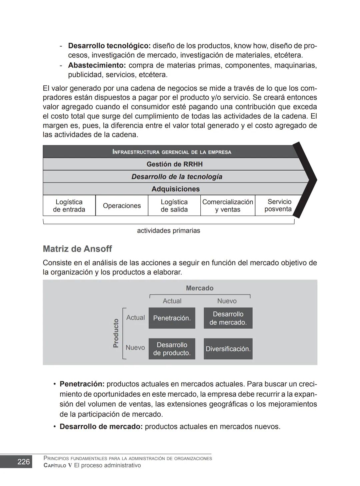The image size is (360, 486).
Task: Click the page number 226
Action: [x=23, y=462]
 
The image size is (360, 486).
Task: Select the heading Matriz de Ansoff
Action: [x=77, y=249]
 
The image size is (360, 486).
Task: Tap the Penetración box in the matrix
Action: [x=172, y=318]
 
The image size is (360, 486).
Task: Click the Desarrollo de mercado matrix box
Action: [x=228, y=318]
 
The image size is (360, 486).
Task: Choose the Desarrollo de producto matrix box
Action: [x=172, y=349]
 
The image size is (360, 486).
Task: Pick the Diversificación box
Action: [x=228, y=349]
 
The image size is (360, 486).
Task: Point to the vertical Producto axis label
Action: [x=116, y=333]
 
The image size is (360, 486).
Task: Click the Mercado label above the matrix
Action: [x=199, y=288]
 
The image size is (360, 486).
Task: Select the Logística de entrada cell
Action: [x=69, y=206]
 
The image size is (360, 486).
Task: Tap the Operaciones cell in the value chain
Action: [x=122, y=206]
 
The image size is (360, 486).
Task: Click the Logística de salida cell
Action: [x=174, y=206]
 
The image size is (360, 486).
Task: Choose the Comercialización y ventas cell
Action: [x=228, y=206]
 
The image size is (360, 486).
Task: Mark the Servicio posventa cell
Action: [x=278, y=205]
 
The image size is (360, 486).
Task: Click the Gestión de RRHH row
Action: [x=174, y=164]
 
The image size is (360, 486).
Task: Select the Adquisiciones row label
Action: [x=175, y=189]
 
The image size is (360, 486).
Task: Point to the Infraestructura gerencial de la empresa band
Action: [x=172, y=152]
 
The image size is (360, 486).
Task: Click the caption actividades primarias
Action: [x=168, y=231]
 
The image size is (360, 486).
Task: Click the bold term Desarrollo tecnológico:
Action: [x=109, y=46]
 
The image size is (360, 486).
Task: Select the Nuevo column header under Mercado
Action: [x=227, y=301]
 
